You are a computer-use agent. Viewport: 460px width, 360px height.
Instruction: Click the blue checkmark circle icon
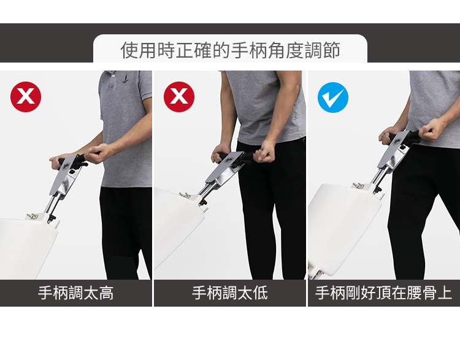333,98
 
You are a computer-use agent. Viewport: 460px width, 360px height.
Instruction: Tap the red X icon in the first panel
26,97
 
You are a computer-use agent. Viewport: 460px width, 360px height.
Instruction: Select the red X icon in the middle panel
179,97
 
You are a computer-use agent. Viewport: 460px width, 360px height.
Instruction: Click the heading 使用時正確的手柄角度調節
230,50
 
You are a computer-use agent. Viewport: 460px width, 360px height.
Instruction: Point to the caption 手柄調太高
75,293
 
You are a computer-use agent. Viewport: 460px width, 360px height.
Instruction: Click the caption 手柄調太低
230,293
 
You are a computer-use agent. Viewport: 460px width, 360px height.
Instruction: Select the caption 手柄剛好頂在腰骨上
383,293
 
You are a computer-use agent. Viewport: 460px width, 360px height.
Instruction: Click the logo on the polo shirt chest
125,79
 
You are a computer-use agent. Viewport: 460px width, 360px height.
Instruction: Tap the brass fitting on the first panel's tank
33,216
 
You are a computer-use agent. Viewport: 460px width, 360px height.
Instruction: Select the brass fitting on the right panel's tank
358,185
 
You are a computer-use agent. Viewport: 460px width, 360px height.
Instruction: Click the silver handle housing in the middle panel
224,170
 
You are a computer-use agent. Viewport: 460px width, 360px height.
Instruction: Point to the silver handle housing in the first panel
65,175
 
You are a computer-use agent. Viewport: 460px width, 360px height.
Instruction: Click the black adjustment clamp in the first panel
52,218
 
